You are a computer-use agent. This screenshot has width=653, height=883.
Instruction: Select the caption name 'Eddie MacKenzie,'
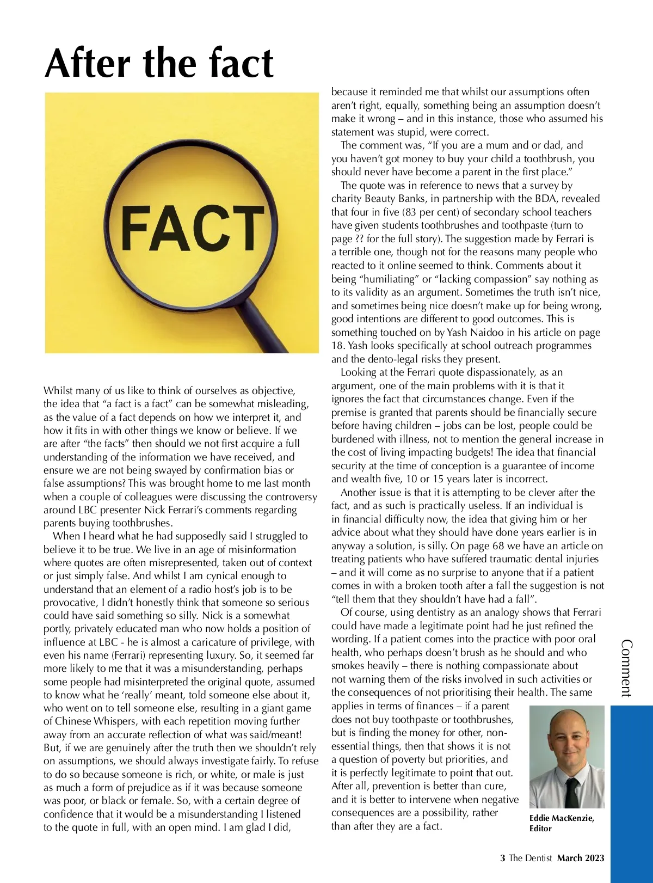coord(562,818)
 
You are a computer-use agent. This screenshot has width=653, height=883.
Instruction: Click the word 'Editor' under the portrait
coord(540,829)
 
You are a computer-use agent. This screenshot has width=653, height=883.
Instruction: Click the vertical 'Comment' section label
coord(626,669)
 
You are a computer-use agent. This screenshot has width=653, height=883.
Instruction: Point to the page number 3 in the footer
coord(503,858)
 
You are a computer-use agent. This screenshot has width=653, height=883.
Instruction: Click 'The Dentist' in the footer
coord(530,858)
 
